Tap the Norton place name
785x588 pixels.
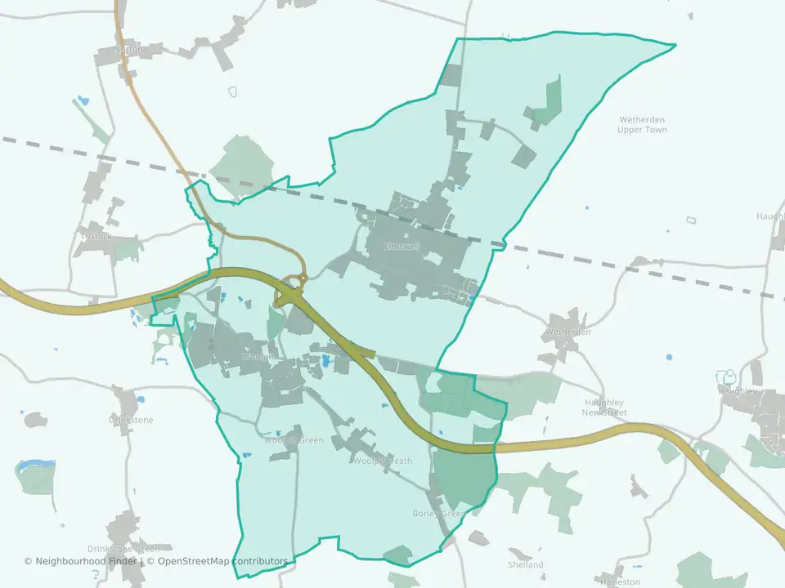coord(128,50)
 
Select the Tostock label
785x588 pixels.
coord(95,237)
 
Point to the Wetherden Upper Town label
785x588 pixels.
coord(642,125)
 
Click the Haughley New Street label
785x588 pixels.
coord(604,408)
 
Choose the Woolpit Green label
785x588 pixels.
coord(294,441)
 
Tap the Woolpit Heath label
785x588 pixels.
coord(383,461)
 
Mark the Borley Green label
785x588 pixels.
coord(437,514)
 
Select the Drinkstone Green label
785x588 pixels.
coord(123,549)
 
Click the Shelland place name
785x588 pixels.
coord(525,564)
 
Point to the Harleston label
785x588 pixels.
coord(620,582)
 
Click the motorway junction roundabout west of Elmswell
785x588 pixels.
coord(289,292)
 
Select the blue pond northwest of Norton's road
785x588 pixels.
coord(82,102)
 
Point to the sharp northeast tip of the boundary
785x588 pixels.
coord(675,45)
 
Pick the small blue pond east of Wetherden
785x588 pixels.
coord(669,357)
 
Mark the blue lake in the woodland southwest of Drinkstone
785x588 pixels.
coord(34,465)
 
